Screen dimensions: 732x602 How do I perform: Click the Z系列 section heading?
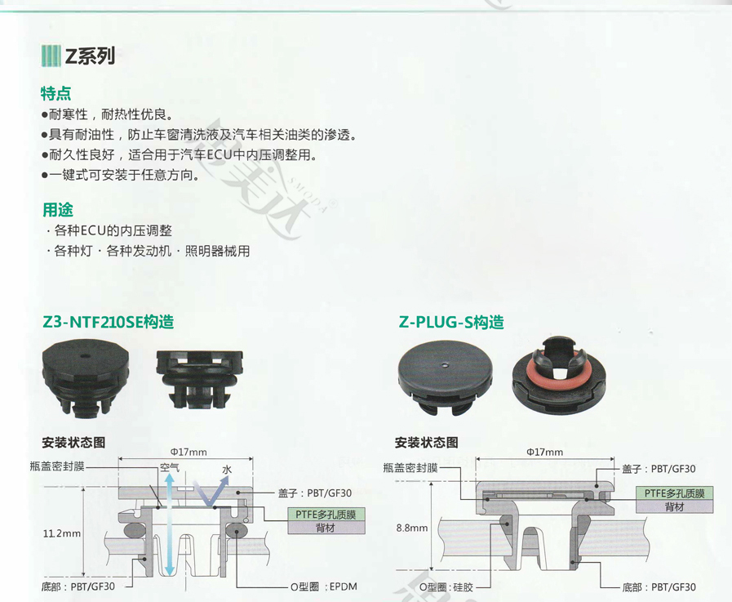(x=90, y=56)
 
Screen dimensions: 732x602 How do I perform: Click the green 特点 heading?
(x=56, y=93)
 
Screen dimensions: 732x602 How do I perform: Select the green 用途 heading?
(x=58, y=210)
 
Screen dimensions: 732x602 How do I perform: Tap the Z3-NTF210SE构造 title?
(x=108, y=322)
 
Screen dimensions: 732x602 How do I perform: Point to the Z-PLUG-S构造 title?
(x=451, y=322)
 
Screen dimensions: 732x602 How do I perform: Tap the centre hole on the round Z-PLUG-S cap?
(x=446, y=364)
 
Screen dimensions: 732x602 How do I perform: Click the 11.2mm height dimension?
(x=62, y=533)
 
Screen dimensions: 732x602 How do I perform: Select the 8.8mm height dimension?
(x=412, y=528)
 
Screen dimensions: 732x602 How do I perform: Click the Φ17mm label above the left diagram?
(x=189, y=452)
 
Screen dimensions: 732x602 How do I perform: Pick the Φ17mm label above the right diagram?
(x=544, y=452)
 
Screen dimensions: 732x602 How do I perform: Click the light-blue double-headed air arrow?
(x=170, y=524)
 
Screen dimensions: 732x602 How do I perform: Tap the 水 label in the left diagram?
(x=226, y=469)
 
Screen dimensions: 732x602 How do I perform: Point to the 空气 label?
(x=170, y=468)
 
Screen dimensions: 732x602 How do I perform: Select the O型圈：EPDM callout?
(x=323, y=586)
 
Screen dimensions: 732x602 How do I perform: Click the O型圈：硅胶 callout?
(x=446, y=587)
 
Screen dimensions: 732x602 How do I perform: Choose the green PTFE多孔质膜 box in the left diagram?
(x=326, y=515)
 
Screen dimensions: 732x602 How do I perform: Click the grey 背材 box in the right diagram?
(x=675, y=506)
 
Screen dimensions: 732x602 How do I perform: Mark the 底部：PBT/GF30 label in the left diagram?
(x=78, y=586)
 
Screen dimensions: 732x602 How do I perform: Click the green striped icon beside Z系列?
(x=51, y=56)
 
